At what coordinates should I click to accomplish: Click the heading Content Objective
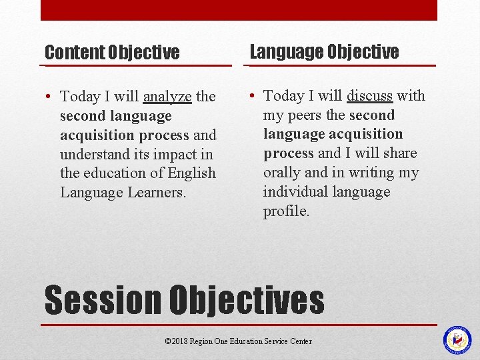pos(112,52)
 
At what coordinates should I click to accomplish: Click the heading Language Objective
pos(324,51)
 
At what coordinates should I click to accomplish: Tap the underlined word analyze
pos(167,97)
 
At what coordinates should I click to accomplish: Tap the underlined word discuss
pos(369,96)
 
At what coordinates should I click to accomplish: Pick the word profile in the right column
pos(286,212)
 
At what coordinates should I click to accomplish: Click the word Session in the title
pos(103,300)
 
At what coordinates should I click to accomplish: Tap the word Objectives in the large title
pos(247,300)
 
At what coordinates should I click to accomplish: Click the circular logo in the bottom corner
pos(457,340)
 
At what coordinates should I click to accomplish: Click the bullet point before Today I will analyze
pos(49,97)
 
